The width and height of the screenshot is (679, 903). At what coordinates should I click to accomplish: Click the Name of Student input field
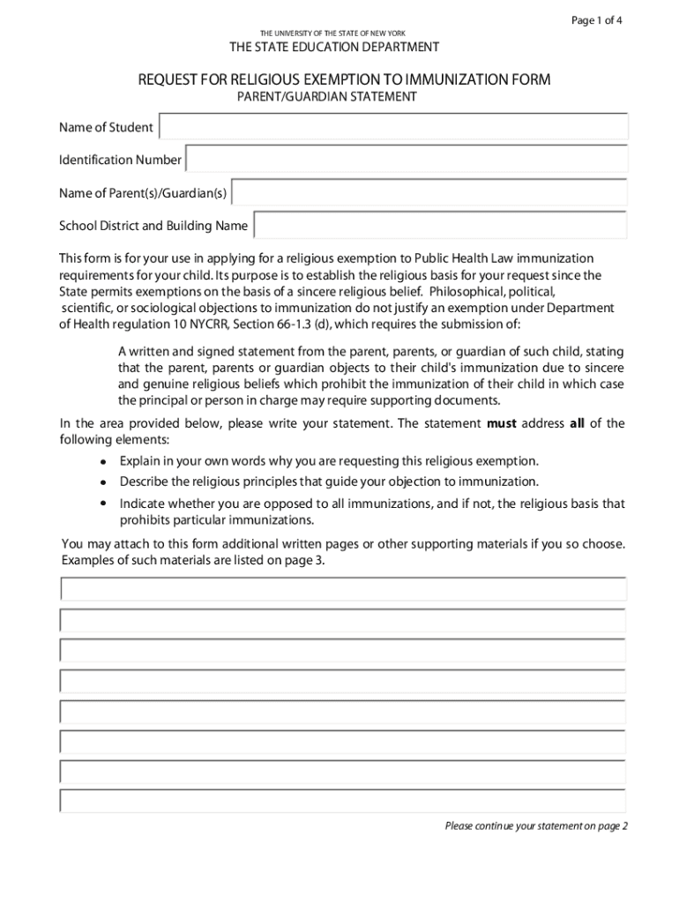(393, 127)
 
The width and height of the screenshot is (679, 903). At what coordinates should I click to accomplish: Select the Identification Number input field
(407, 160)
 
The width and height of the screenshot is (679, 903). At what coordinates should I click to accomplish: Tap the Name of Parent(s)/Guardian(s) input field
(429, 193)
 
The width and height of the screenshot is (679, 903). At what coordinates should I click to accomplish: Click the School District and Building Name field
(440, 226)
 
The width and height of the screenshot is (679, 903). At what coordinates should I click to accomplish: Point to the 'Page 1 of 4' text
(597, 21)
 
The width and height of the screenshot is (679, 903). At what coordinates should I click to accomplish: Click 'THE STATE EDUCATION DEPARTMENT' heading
(334, 47)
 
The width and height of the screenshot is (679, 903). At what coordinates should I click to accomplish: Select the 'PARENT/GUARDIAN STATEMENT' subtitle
(326, 97)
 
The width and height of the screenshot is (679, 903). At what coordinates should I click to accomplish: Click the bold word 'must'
(502, 423)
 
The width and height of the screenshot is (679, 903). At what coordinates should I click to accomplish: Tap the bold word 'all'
(577, 423)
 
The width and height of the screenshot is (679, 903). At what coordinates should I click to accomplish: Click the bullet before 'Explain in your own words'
(103, 462)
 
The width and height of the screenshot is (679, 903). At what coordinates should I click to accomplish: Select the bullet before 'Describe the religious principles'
(103, 482)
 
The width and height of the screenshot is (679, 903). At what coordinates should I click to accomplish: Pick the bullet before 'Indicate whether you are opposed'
(103, 504)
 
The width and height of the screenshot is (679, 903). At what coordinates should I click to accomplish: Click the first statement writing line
(343, 588)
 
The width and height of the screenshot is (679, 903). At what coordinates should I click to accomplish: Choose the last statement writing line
(343, 801)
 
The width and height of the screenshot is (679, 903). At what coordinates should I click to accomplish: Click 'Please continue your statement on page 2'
(536, 826)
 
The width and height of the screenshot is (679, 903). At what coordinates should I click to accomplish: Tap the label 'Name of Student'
(106, 128)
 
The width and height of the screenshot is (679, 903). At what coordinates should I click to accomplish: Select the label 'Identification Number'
(120, 160)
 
